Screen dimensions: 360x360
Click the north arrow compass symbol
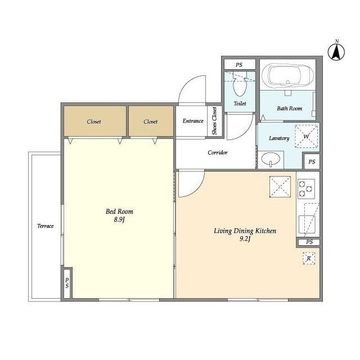coord(336,52)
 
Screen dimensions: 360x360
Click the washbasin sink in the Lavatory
coord(271,159)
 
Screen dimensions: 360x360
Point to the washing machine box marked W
coord(307,136)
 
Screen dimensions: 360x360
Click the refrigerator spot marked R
coord(309,258)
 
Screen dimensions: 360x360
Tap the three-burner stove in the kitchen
coord(306,189)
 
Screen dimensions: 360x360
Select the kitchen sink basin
coord(307,224)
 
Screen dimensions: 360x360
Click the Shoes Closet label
coord(214,121)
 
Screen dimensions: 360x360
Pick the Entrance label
coord(193,121)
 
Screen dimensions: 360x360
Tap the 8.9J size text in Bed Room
coord(119,220)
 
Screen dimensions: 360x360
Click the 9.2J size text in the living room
coord(245,239)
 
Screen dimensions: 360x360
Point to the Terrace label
coord(45,226)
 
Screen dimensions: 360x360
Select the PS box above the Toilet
coord(240,65)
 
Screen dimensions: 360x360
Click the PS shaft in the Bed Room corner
coord(67,283)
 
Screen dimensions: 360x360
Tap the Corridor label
coord(218,152)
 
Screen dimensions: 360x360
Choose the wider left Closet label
coord(94,121)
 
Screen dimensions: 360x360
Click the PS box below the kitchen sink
coord(309,242)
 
